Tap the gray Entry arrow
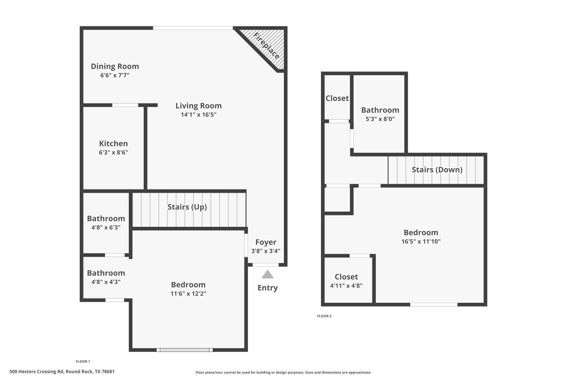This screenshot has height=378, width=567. click(x=267, y=274)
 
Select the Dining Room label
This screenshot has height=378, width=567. click(x=115, y=66)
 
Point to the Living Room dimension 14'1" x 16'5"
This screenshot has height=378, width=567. click(x=198, y=115)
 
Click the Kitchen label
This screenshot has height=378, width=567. click(x=113, y=143)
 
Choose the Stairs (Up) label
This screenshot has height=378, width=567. click(x=187, y=207)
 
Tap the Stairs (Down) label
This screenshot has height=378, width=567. click(x=437, y=169)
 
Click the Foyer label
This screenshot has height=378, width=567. click(x=266, y=242)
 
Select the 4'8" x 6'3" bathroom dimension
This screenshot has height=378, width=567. click(x=106, y=227)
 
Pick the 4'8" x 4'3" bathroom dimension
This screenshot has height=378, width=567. click(x=106, y=282)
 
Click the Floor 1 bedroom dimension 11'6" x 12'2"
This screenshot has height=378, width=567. click(x=188, y=293)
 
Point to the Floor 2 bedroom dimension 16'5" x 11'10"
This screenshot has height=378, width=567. click(x=421, y=241)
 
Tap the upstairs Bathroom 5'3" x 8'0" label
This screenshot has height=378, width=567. click(x=380, y=110)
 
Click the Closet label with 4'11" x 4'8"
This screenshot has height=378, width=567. click(x=346, y=277)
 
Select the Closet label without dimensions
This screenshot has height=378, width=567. click(x=337, y=98)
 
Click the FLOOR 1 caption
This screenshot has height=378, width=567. click(x=83, y=361)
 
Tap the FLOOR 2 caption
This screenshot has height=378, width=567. click(x=324, y=316)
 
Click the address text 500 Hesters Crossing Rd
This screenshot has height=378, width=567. click(x=62, y=372)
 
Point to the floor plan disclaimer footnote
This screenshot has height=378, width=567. click(x=283, y=372)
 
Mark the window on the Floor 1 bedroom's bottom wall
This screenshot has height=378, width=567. click(x=184, y=350)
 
